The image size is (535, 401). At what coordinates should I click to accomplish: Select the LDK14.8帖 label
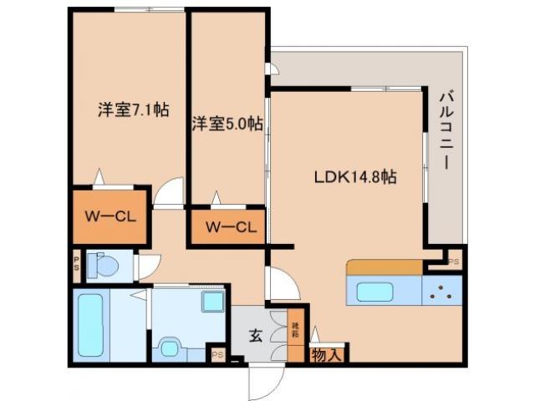pyautogui.click(x=354, y=178)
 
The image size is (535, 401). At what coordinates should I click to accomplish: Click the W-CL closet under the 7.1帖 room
pyautogui.click(x=110, y=216)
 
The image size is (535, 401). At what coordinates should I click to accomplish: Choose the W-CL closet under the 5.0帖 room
pyautogui.click(x=229, y=226)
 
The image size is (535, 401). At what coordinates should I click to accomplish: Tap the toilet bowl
pyautogui.click(x=104, y=266)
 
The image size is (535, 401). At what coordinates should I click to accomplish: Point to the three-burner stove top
pyautogui.click(x=441, y=293)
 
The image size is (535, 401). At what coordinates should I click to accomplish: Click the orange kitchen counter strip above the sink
pyautogui.click(x=385, y=267)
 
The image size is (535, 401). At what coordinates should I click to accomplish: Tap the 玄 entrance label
pyautogui.click(x=254, y=337)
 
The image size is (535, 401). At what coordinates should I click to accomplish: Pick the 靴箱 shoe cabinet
pyautogui.click(x=296, y=332)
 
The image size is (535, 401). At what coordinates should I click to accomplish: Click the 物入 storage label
pyautogui.click(x=327, y=356)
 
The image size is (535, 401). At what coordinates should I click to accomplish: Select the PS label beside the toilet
pyautogui.click(x=76, y=266)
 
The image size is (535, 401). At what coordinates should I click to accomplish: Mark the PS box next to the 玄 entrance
pyautogui.click(x=217, y=354)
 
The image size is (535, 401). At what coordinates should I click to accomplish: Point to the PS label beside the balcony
pyautogui.click(x=454, y=262)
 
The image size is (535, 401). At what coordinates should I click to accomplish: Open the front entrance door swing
pyautogui.click(x=265, y=382)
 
